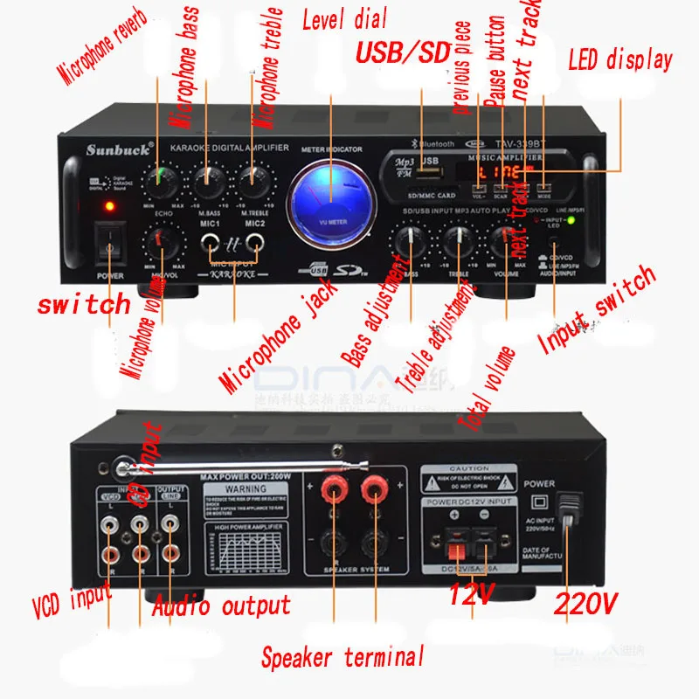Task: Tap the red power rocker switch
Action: [x=108, y=246]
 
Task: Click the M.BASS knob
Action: [x=208, y=182]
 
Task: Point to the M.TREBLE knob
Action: [x=253, y=182]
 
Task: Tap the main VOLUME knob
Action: [x=506, y=239]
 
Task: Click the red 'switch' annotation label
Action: [x=84, y=305]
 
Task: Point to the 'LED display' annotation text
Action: [x=620, y=60]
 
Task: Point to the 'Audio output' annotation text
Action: [x=221, y=606]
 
